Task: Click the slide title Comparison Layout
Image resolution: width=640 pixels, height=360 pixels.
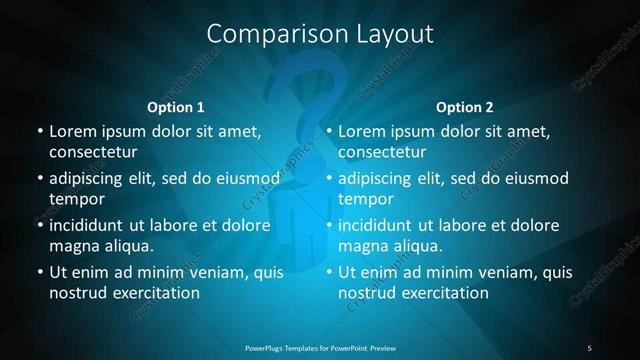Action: click(x=320, y=34)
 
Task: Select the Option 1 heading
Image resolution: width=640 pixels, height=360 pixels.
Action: click(x=176, y=107)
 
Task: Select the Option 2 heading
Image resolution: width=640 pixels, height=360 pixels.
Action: click(x=465, y=107)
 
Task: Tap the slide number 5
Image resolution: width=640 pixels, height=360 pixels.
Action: click(x=590, y=347)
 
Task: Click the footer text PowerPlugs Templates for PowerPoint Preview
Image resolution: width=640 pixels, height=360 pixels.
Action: click(x=320, y=347)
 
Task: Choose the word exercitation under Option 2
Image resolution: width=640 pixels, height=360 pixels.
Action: click(x=441, y=294)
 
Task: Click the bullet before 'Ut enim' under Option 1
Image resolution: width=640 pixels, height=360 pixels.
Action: click(x=40, y=272)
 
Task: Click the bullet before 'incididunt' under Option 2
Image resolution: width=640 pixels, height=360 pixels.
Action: click(x=329, y=225)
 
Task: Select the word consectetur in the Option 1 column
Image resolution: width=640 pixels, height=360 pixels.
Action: click(x=93, y=153)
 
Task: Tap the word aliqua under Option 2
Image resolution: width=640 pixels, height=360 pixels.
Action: click(x=419, y=246)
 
